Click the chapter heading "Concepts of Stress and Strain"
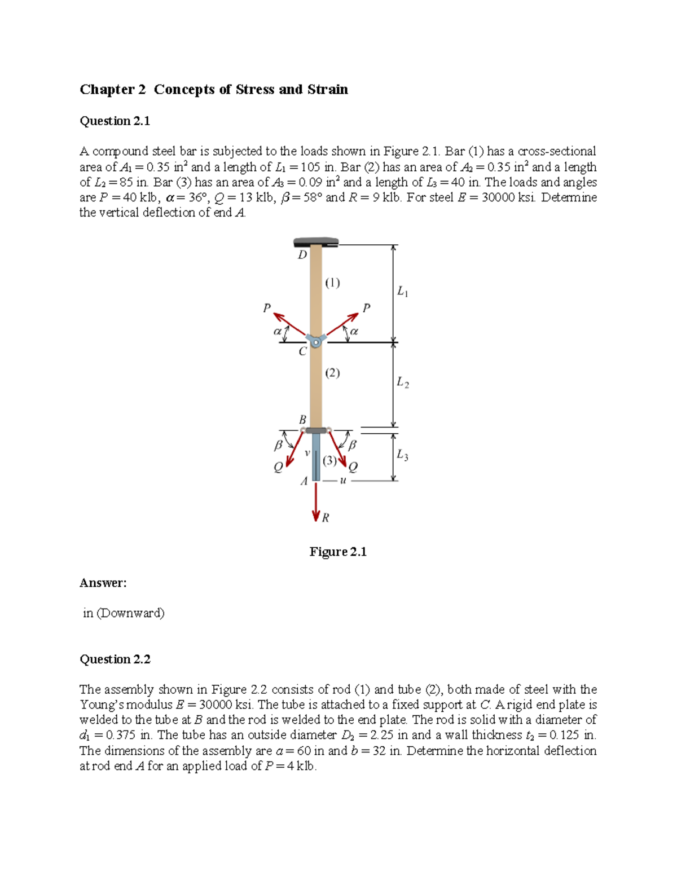[x=250, y=90]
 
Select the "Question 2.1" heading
[x=115, y=121]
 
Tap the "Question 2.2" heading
[x=115, y=659]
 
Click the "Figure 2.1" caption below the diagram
[x=338, y=552]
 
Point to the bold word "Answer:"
[x=103, y=583]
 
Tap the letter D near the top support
[x=302, y=255]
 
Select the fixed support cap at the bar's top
[x=316, y=242]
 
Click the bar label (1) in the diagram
[x=332, y=283]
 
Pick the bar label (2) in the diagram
[x=332, y=373]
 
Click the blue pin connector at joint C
[x=316, y=341]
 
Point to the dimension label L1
[x=402, y=292]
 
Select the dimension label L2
[x=402, y=382]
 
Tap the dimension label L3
[x=402, y=455]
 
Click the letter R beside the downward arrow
[x=326, y=517]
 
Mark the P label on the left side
[x=267, y=307]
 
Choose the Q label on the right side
[x=353, y=467]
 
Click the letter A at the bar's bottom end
[x=304, y=481]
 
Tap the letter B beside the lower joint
[x=302, y=420]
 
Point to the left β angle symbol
[x=278, y=445]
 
